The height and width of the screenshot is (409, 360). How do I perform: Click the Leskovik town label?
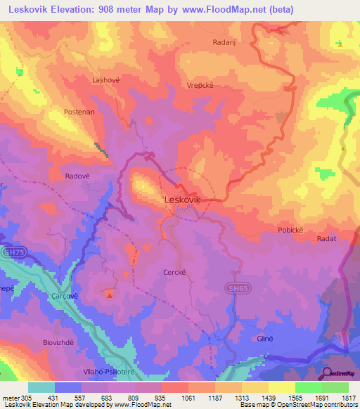pyautogui.click(x=182, y=200)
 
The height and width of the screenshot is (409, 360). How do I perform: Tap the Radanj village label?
pyautogui.click(x=222, y=42)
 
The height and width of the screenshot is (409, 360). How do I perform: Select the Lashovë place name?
pyautogui.click(x=106, y=80)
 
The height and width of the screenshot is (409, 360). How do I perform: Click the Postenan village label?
pyautogui.click(x=79, y=112)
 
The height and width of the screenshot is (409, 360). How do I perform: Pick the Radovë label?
pyautogui.click(x=79, y=176)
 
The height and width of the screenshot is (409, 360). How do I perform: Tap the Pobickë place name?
pyautogui.click(x=293, y=230)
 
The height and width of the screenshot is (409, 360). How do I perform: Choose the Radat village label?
pyautogui.click(x=326, y=239)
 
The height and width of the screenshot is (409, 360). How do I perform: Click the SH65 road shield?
pyautogui.click(x=235, y=288)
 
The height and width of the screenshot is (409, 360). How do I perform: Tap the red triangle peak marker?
pyautogui.click(x=109, y=295)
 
